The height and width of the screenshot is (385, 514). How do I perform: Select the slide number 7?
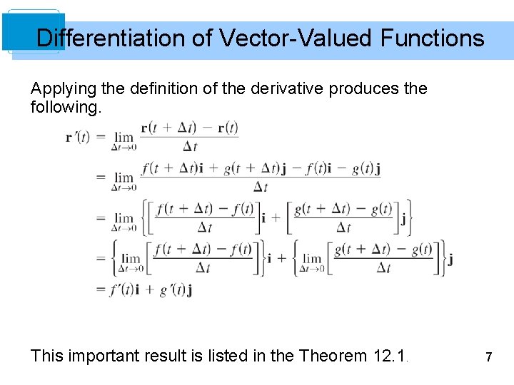(x=489, y=356)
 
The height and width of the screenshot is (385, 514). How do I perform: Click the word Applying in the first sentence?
(x=59, y=89)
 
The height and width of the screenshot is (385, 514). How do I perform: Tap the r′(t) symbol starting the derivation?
(x=78, y=137)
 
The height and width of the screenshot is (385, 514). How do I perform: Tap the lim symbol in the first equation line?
(x=124, y=136)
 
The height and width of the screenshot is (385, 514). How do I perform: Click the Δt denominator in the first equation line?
(x=190, y=146)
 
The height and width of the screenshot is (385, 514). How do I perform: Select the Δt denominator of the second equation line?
(x=261, y=187)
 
